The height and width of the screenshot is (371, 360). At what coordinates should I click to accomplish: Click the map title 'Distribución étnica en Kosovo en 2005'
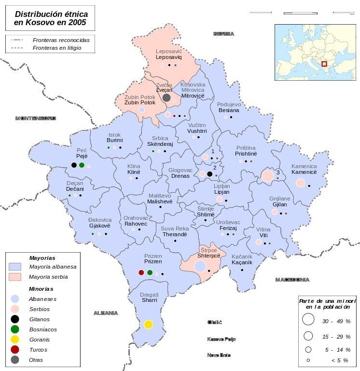click(50, 18)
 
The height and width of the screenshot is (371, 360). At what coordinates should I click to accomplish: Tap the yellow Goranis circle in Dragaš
click(148, 325)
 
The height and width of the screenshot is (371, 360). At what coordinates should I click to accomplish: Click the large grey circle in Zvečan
click(166, 98)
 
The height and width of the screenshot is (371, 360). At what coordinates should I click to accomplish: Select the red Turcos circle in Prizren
click(141, 273)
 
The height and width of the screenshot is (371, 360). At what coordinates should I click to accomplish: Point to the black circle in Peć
click(74, 165)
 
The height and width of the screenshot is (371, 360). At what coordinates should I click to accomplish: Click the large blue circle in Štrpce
click(200, 266)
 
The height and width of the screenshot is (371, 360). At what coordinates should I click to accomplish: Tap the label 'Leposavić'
click(169, 51)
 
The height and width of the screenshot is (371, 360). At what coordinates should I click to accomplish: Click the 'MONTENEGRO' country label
click(36, 118)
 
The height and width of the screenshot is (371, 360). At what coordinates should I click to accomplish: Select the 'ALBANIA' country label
click(106, 313)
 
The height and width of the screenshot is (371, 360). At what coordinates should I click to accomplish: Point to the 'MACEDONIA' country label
click(292, 280)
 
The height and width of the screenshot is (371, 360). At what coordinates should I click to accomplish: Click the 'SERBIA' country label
click(223, 34)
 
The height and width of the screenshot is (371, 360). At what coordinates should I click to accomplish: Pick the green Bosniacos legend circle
click(15, 329)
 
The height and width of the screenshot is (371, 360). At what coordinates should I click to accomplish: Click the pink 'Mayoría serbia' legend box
click(15, 277)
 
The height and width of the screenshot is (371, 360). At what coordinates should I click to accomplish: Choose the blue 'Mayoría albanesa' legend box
click(15, 267)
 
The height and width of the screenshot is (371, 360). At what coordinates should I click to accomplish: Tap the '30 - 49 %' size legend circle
click(308, 319)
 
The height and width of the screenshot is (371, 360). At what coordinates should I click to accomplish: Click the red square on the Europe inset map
click(324, 64)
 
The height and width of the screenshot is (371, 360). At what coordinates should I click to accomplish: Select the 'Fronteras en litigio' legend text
click(57, 48)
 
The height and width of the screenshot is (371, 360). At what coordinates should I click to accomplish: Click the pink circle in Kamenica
click(300, 183)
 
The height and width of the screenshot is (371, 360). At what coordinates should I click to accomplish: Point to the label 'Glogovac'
click(180, 170)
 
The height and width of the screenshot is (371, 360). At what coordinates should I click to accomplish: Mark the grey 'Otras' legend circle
click(15, 360)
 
